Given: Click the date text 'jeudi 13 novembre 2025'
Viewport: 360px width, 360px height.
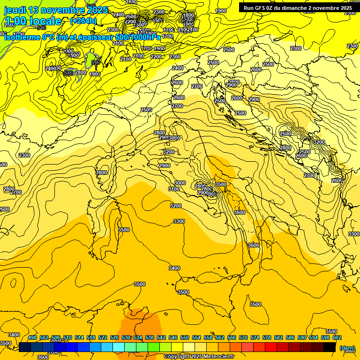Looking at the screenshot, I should point(56,10).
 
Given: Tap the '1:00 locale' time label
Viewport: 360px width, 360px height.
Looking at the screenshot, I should point(33,21).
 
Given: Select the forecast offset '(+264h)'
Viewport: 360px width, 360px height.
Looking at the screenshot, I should point(83,21).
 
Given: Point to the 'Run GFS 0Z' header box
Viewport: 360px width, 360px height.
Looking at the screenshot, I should point(298,8).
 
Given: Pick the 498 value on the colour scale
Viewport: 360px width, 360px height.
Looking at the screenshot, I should point(32,337).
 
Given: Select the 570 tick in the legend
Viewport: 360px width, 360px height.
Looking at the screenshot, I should point(243,337).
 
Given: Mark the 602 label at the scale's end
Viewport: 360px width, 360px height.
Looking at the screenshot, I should point(337,337).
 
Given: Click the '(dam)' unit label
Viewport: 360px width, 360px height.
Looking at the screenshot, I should point(347,348).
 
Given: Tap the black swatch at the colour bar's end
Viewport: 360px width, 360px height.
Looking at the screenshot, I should point(330,347).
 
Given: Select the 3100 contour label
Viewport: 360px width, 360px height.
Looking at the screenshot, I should point(174,189).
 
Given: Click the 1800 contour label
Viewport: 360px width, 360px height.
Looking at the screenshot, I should point(188,15).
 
